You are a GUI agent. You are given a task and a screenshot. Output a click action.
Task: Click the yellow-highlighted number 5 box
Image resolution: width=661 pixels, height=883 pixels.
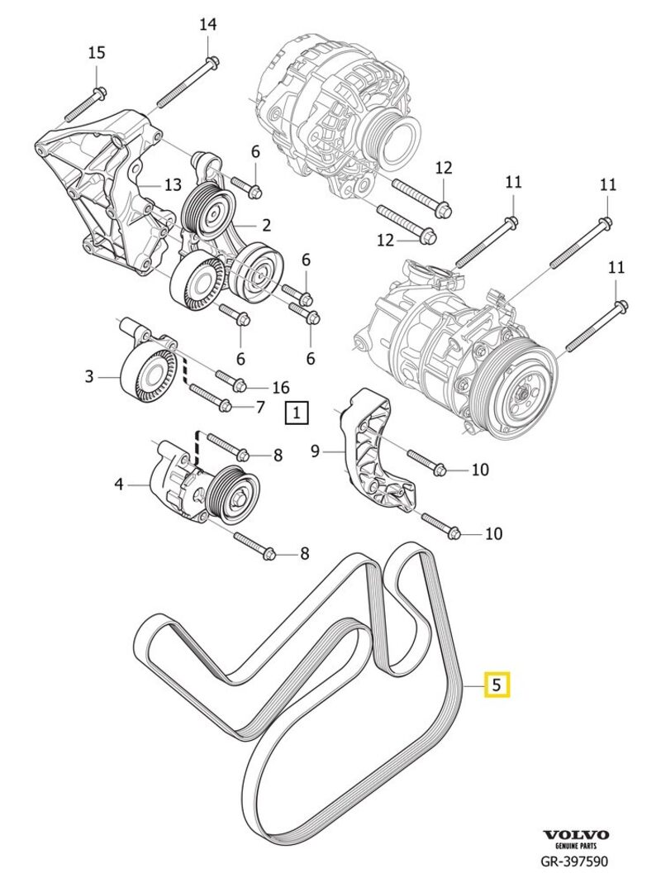[497, 685]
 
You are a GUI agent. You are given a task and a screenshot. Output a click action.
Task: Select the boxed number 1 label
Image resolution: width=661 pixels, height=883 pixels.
[297, 411]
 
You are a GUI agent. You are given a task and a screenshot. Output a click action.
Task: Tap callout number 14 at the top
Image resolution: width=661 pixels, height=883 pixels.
[207, 25]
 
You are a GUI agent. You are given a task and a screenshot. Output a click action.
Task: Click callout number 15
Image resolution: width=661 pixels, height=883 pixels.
[97, 53]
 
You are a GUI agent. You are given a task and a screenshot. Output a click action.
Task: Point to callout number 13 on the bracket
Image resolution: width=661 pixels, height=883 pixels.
[172, 185]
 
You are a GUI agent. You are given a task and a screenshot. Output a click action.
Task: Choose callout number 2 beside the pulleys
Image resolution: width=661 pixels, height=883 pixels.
[266, 225]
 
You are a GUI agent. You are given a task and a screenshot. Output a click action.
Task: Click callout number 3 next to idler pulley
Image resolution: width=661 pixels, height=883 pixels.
[89, 378]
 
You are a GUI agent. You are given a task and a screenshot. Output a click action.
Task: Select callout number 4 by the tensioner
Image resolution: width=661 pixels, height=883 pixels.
[119, 484]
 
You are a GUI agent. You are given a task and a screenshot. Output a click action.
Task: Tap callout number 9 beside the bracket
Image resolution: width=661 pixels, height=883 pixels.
[314, 451]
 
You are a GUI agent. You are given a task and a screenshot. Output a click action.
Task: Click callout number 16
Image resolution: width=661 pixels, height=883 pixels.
[281, 387]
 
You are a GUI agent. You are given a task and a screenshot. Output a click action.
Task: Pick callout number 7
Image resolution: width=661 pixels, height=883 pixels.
[259, 406]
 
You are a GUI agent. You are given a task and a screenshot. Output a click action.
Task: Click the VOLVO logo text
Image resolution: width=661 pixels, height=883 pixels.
[576, 836]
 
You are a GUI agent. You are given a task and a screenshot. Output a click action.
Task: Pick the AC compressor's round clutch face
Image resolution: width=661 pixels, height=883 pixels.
[517, 397]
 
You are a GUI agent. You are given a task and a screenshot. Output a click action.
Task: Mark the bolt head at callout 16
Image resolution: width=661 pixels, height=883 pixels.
[240, 384]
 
